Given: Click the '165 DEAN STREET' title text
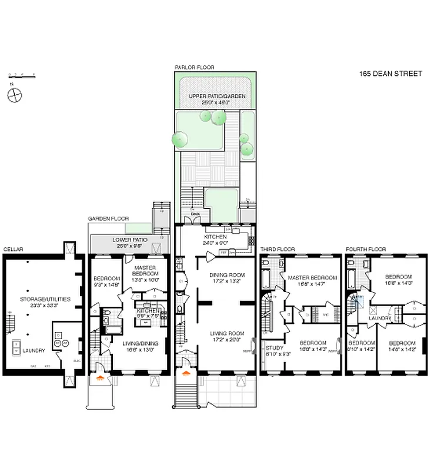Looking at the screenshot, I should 390,74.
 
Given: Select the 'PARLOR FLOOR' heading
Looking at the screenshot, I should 194,67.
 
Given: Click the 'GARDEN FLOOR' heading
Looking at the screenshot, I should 108,218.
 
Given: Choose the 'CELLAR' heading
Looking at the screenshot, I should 13,250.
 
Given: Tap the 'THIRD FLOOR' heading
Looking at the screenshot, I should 277,250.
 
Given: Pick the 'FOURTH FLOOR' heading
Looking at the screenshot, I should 365,250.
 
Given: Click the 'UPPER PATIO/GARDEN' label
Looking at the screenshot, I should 217,96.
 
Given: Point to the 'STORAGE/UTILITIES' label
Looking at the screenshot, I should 46,299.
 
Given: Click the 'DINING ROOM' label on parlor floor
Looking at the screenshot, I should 227,275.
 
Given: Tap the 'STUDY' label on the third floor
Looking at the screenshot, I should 274,348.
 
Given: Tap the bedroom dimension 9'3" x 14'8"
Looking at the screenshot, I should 106,285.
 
